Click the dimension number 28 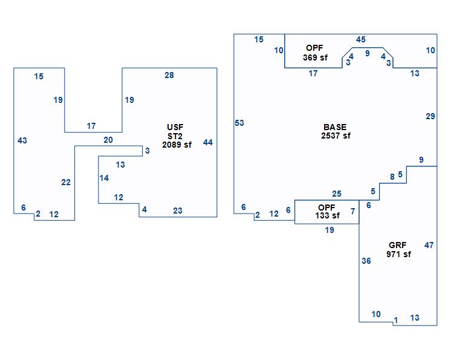pyautogui.click(x=169, y=75)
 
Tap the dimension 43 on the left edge pyautogui.click(x=22, y=140)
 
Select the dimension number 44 pyautogui.click(x=208, y=142)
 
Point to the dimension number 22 pyautogui.click(x=66, y=182)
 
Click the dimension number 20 pyautogui.click(x=108, y=140)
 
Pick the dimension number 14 pyautogui.click(x=104, y=178)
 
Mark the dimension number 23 pyautogui.click(x=178, y=211)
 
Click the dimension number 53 pyautogui.click(x=239, y=123)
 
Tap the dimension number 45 pyautogui.click(x=361, y=39)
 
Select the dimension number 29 pyautogui.click(x=430, y=116)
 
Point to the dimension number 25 pyautogui.click(x=337, y=194)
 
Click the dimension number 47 pyautogui.click(x=429, y=245)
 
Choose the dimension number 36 pyautogui.click(x=366, y=261)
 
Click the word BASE pyautogui.click(x=335, y=127)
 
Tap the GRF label pyautogui.click(x=398, y=245)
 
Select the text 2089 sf pyautogui.click(x=177, y=145)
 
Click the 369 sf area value pyautogui.click(x=315, y=57)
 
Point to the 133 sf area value pyautogui.click(x=327, y=215)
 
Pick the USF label pyautogui.click(x=175, y=127)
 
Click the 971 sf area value pyautogui.click(x=398, y=254)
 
